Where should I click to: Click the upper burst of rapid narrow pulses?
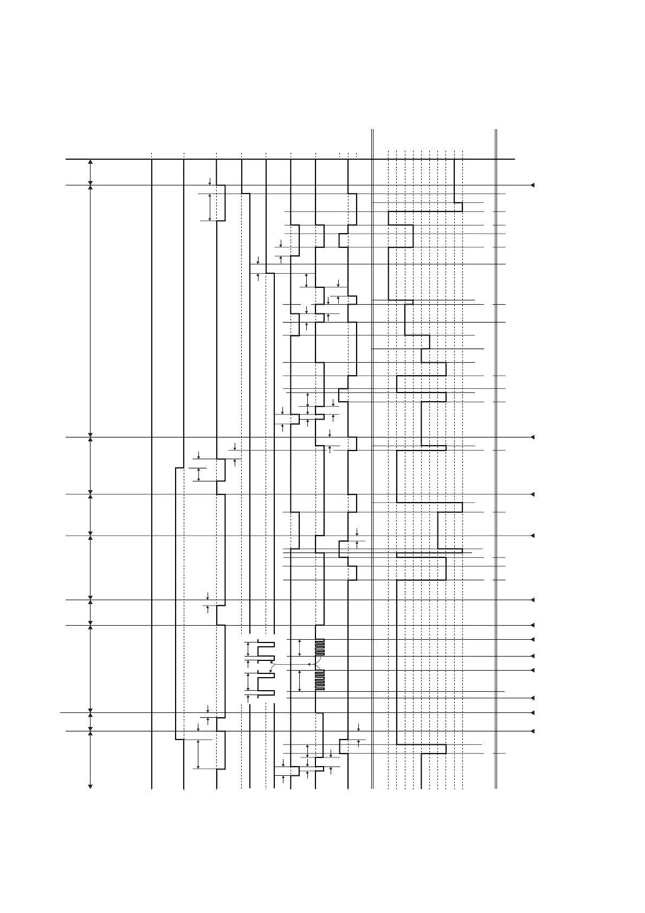[320, 647]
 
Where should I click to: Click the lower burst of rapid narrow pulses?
[320, 680]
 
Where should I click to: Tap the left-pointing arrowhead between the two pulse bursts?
[309, 664]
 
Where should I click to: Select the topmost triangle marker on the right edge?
[532, 185]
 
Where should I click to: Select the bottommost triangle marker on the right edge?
[532, 731]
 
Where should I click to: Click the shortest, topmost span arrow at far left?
[91, 172]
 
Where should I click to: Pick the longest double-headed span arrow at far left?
[91, 311]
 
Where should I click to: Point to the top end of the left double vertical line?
[372, 130]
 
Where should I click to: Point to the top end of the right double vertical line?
[496, 130]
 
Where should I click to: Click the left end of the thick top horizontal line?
[67, 159]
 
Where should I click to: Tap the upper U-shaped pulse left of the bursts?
[266, 651]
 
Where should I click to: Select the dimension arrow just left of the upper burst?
[300, 647]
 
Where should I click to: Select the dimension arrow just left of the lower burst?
[300, 680]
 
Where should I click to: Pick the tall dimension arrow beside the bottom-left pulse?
[198, 754]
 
